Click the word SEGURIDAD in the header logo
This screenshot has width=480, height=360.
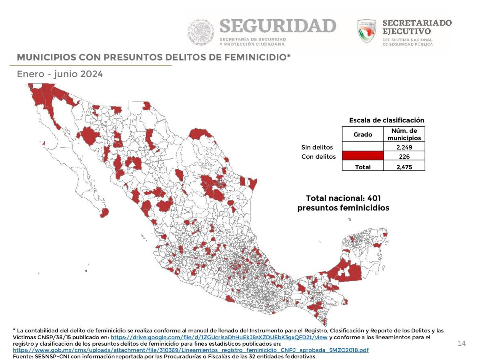(x=278, y=26)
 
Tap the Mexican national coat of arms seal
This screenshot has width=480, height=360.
(x=202, y=32)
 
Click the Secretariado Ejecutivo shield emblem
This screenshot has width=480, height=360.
(x=366, y=31)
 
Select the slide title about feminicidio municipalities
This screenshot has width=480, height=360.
(x=153, y=57)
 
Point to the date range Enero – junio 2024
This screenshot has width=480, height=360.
(x=60, y=74)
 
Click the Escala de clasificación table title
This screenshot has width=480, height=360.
(x=386, y=120)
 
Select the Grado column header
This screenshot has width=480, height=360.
(x=362, y=134)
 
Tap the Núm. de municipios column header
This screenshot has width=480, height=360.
(x=404, y=134)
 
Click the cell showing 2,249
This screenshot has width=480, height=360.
(x=404, y=147)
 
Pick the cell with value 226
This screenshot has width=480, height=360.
(x=404, y=157)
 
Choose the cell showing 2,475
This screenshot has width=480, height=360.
(x=404, y=167)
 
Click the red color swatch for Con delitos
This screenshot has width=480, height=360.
(x=362, y=156)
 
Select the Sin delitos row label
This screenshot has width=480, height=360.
(x=317, y=147)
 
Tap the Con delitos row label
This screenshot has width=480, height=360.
(x=318, y=157)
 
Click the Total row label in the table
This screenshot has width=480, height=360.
(x=362, y=167)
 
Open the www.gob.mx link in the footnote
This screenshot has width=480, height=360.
(x=191, y=350)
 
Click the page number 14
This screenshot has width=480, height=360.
(x=462, y=344)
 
